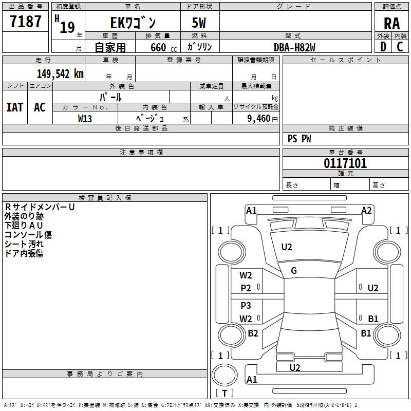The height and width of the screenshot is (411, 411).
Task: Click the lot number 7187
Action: [x=26, y=22]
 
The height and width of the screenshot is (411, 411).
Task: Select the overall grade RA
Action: [x=391, y=23]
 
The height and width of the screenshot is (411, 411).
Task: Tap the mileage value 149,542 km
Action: [x=60, y=74]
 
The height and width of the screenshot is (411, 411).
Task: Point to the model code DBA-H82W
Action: [x=294, y=47]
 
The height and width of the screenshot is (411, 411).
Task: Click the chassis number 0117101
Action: [x=345, y=164]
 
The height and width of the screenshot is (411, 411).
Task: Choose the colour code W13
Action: [x=85, y=118]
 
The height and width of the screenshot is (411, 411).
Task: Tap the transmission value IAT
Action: [x=14, y=107]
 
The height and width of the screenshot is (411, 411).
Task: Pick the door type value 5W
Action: [x=199, y=23]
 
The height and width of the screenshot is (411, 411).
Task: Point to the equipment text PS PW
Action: [x=300, y=138]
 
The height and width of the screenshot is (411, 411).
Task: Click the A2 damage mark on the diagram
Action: [x=366, y=210]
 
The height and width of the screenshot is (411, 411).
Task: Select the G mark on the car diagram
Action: [x=294, y=271]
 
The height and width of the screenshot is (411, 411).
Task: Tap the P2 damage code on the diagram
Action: [x=246, y=288]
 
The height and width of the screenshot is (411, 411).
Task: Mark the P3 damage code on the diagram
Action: [x=246, y=306]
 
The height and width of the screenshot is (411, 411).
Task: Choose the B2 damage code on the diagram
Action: [x=253, y=333]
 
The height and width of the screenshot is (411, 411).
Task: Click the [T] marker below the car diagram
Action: [x=225, y=393]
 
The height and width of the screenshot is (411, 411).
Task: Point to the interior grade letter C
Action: [x=400, y=47]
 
